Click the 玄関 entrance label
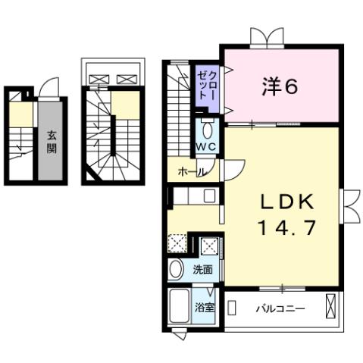coord(51,142)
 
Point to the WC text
coord(208,146)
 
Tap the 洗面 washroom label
coord(202,268)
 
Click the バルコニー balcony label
coord(280,308)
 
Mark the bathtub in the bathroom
coord(180,307)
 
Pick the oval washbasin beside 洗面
coord(177,269)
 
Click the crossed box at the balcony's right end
coord(330,308)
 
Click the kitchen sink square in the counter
coord(208,196)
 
